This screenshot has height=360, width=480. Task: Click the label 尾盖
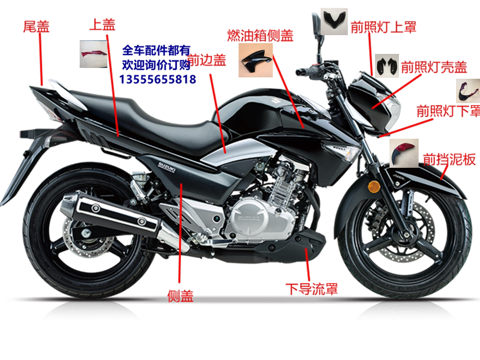[x=36, y=27]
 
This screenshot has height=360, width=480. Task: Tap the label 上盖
[x=102, y=25]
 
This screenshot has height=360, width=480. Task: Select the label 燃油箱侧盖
[x=261, y=36]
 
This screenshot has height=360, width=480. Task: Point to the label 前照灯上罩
[x=383, y=27]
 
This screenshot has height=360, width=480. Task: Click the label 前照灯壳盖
[x=434, y=67]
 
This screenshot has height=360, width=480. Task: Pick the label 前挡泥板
[x=450, y=159]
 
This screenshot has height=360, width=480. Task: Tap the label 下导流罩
[x=312, y=289]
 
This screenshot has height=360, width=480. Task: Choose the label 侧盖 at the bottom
[x=180, y=296]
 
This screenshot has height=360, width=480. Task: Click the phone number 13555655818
[x=157, y=79]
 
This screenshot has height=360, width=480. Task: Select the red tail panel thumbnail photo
[x=94, y=54]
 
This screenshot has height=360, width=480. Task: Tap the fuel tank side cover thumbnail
[x=255, y=60]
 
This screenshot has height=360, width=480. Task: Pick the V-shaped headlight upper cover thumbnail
[x=334, y=21]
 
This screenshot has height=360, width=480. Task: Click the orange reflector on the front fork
[x=374, y=187]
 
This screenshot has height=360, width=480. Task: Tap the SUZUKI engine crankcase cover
[x=249, y=218]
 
